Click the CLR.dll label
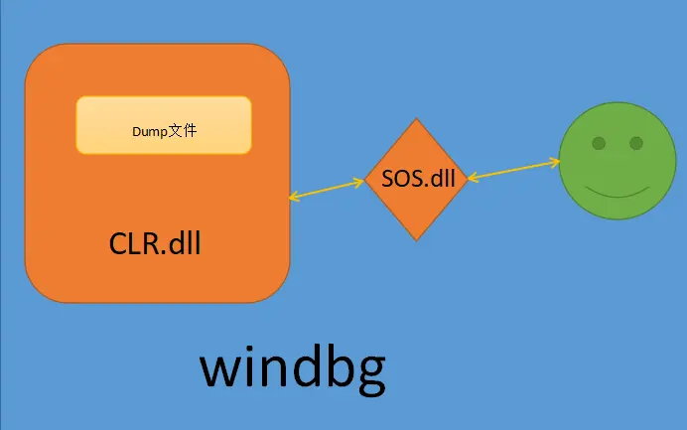point(155,243)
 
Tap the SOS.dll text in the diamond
point(418,179)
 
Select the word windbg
point(293,370)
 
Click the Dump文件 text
point(164,131)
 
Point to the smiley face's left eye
point(599,143)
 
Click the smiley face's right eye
point(636,143)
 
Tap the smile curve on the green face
point(618,193)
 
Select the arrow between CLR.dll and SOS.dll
point(327,190)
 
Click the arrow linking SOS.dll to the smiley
point(513,170)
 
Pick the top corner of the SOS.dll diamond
point(416,118)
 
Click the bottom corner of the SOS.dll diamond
point(416,240)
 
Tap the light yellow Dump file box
point(164,125)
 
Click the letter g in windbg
point(372,375)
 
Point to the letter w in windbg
point(217,370)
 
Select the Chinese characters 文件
point(183,131)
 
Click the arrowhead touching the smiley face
point(556,163)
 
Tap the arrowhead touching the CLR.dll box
point(294,197)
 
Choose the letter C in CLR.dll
point(117,243)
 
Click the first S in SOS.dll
point(388,179)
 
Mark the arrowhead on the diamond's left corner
point(359,181)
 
